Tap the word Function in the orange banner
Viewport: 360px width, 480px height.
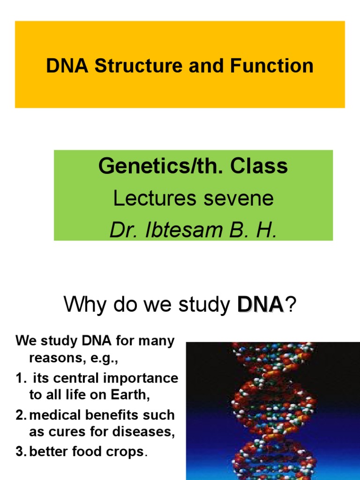click(x=271, y=66)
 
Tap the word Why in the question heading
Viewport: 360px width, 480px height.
click(x=82, y=305)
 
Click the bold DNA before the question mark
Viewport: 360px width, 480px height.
click(x=260, y=305)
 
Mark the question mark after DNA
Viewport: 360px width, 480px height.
click(x=292, y=305)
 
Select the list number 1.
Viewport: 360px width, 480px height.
click(x=19, y=378)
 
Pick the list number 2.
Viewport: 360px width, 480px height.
click(x=20, y=415)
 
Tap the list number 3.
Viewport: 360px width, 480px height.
click(x=20, y=452)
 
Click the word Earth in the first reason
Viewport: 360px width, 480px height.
click(x=133, y=395)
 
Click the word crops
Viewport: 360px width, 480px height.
click(x=129, y=452)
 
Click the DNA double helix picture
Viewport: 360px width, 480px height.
click(x=273, y=411)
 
